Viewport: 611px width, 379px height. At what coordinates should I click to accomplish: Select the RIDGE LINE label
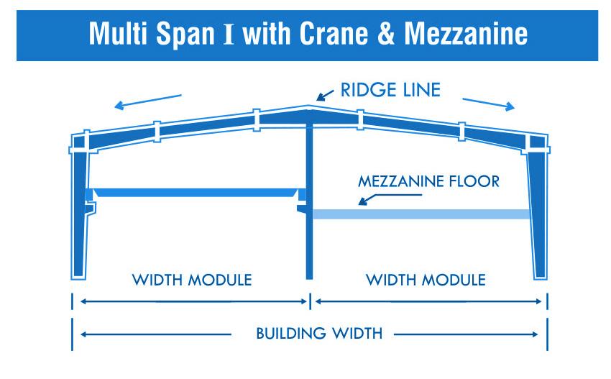[390, 91]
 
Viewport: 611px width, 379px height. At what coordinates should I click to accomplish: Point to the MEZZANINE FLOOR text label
[428, 182]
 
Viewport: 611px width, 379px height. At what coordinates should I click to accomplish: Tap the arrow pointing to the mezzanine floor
[373, 198]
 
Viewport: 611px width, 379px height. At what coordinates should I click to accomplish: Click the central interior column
[309, 201]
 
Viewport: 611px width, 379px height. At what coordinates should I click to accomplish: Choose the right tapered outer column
[538, 216]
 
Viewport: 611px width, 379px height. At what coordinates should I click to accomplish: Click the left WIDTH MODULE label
[192, 280]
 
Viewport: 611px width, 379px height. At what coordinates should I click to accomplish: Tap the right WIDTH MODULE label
[426, 280]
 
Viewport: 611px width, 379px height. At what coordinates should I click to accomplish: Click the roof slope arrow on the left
[149, 101]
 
